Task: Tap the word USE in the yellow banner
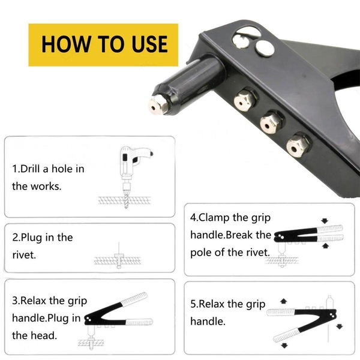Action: tap(149, 44)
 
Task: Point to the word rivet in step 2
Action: tap(24, 255)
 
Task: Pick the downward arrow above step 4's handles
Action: tap(325, 221)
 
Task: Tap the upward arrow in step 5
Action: tap(284, 301)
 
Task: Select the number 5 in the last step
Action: tap(193, 304)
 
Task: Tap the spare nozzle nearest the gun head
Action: tap(245, 100)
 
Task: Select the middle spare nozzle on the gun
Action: tap(271, 123)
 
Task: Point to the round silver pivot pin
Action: tap(265, 49)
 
